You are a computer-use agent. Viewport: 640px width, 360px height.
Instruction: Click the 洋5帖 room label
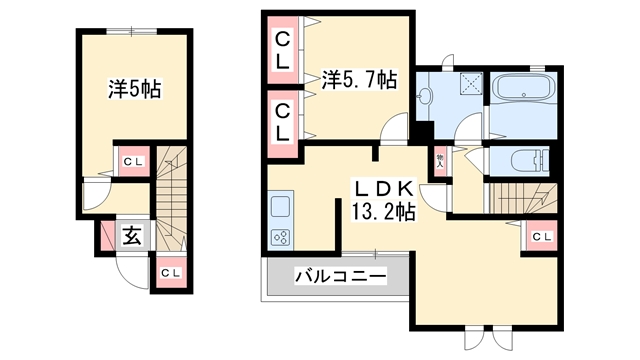click(x=135, y=89)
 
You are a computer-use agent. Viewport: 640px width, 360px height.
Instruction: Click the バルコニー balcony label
click(x=340, y=276)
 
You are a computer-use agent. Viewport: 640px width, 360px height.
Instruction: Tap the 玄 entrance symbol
click(x=131, y=236)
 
